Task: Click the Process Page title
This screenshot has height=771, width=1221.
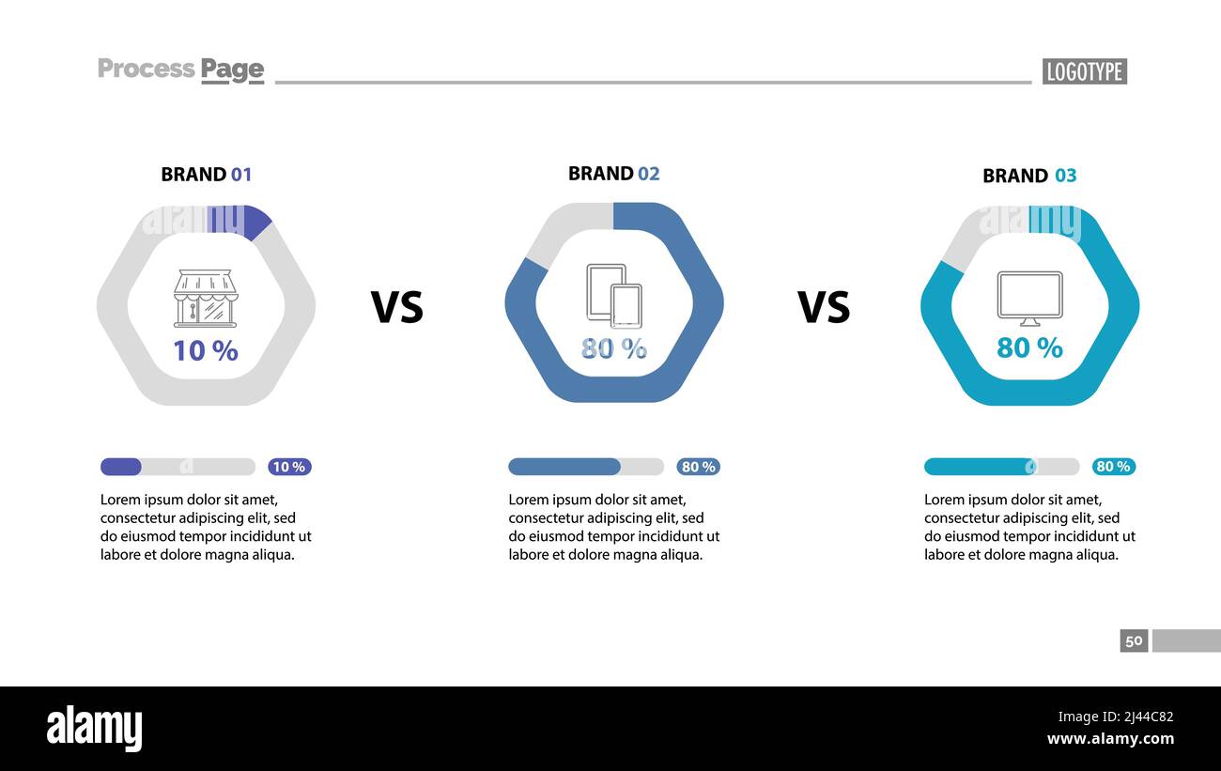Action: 180,69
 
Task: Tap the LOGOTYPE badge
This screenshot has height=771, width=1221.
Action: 1084,71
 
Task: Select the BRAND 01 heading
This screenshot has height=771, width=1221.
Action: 207,174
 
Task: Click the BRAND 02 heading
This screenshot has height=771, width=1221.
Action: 614,173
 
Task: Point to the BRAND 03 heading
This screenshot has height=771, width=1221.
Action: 1029,176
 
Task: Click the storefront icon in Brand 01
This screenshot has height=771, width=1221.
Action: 206,299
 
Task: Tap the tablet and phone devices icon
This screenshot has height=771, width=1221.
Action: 614,295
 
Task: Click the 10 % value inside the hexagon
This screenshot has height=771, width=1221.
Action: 206,350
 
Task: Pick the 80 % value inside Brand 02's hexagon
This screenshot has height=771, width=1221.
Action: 614,348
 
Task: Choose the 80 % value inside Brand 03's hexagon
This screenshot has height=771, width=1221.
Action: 1029,347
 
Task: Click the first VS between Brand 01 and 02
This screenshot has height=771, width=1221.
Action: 397,307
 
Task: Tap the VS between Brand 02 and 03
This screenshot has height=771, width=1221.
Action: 824,307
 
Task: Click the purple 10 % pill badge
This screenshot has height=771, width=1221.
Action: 289,467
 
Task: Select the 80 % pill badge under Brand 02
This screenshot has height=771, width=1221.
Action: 698,467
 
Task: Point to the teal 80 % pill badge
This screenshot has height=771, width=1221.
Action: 1113,467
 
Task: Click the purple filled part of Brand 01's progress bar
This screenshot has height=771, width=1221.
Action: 121,467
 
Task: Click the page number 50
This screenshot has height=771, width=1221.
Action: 1134,640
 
